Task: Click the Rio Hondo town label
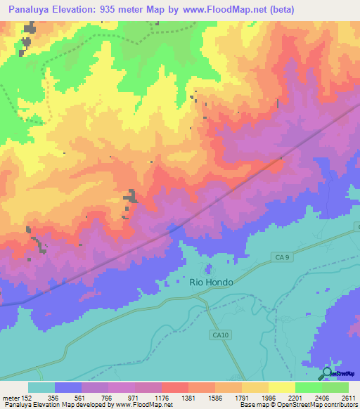pyautogui.click(x=211, y=281)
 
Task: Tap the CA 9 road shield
pyautogui.click(x=280, y=258)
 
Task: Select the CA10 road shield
pyautogui.click(x=220, y=335)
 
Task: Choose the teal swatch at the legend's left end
pyautogui.click(x=41, y=387)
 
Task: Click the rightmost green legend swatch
pyautogui.click(x=335, y=387)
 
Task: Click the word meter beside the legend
pyautogui.click(x=10, y=397)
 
